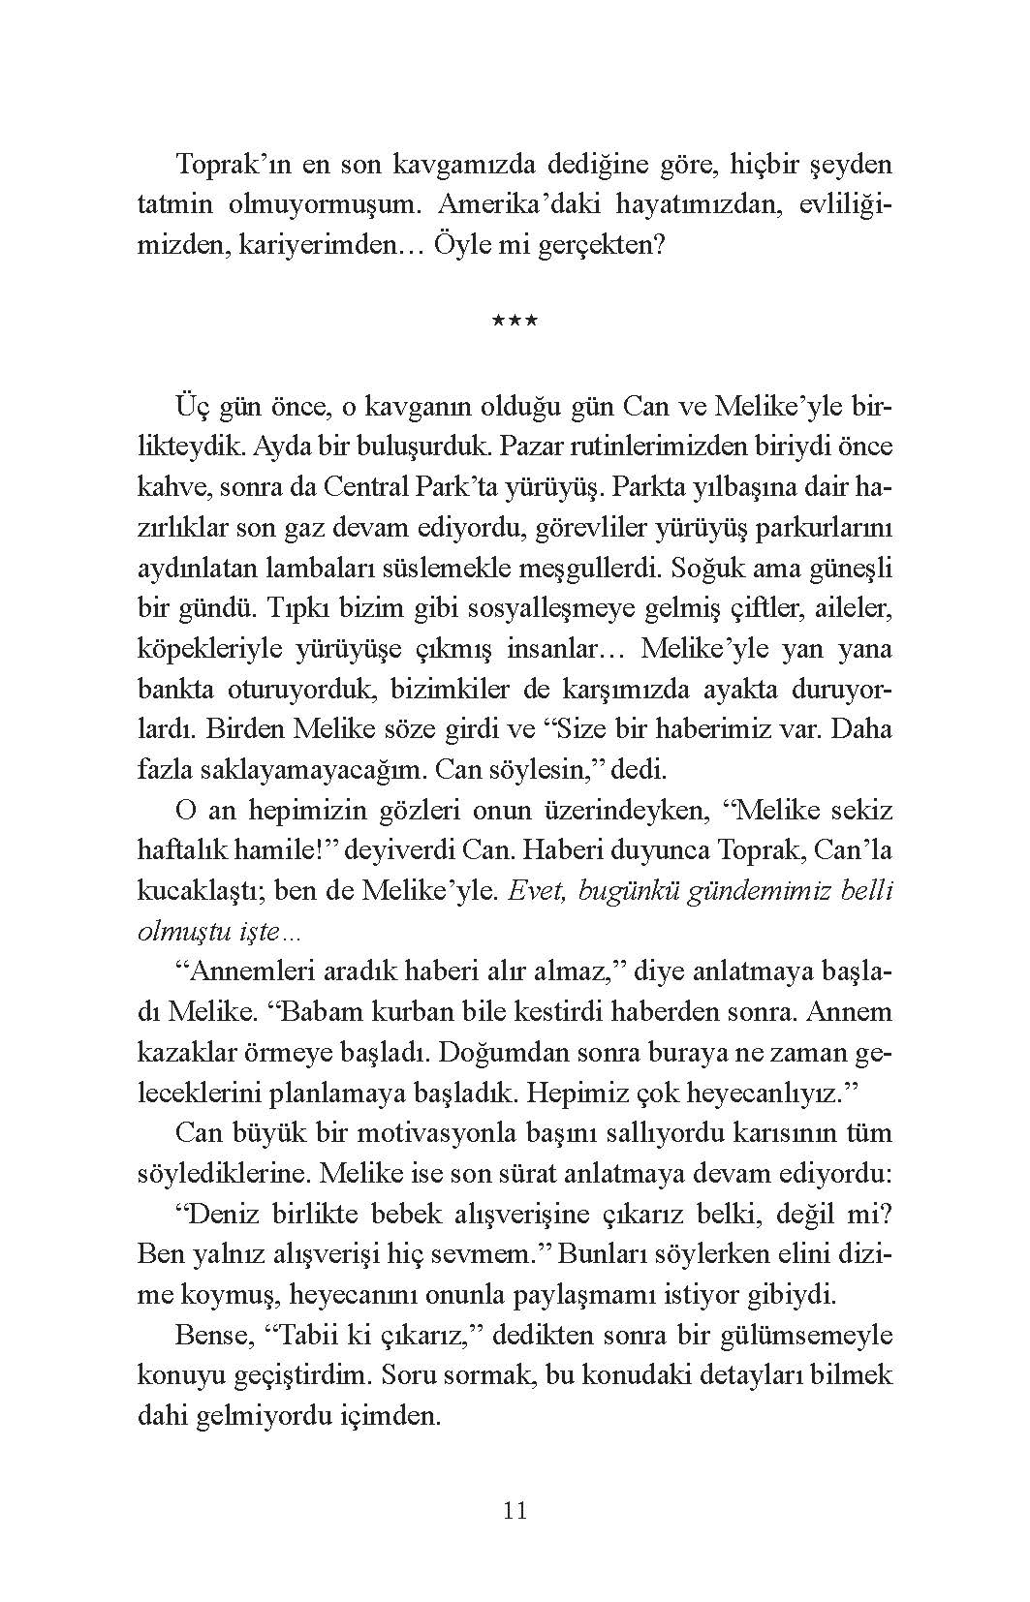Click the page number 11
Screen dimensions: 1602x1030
515,1510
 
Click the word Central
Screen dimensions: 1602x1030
378,486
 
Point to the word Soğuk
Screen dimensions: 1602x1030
710,568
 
